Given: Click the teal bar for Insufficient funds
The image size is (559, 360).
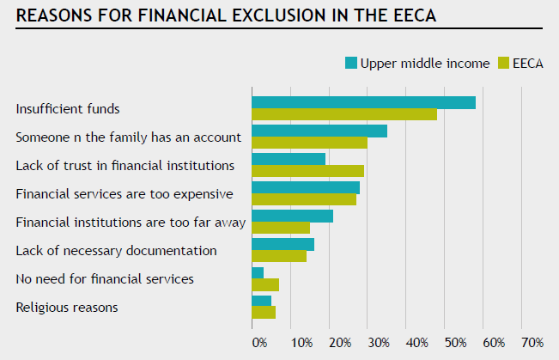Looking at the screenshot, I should [x=363, y=102].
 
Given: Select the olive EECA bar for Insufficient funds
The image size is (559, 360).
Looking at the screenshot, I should [x=344, y=114].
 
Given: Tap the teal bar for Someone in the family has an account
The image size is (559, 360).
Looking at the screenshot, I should [x=319, y=131].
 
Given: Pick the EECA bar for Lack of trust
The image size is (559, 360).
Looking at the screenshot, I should [x=307, y=171].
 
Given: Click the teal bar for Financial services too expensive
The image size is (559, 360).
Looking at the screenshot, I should [x=306, y=187].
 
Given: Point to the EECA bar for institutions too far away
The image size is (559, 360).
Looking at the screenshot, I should [x=281, y=228].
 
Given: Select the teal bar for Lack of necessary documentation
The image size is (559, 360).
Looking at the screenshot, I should [x=283, y=244].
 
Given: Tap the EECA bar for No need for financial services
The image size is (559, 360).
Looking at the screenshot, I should [x=265, y=284].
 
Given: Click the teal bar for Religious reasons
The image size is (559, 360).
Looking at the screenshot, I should [x=261, y=301].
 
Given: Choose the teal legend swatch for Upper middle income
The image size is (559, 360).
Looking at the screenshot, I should [x=350, y=63].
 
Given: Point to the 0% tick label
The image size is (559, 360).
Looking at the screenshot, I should [x=258, y=343].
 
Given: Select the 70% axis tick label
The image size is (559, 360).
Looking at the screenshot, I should [x=532, y=343].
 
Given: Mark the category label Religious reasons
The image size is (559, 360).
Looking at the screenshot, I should [x=67, y=307].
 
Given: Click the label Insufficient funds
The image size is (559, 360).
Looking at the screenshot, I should [x=67, y=109].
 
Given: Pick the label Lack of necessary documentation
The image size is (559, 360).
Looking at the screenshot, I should [x=116, y=251].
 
